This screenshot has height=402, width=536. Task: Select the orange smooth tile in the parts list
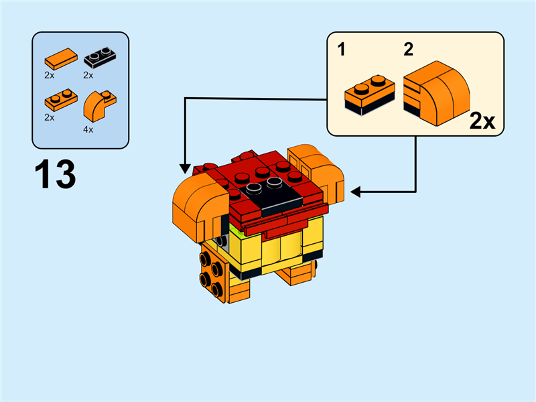58,58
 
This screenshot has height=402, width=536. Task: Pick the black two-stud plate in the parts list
97,58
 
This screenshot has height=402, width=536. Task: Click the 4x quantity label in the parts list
88,129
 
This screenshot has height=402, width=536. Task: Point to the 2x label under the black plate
88,75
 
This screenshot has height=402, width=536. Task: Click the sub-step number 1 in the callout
342,49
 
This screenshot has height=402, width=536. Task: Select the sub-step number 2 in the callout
407,49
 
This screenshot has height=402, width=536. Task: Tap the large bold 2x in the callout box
482,121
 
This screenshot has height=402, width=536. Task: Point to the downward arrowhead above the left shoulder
184,169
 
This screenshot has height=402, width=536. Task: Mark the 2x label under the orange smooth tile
50,75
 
